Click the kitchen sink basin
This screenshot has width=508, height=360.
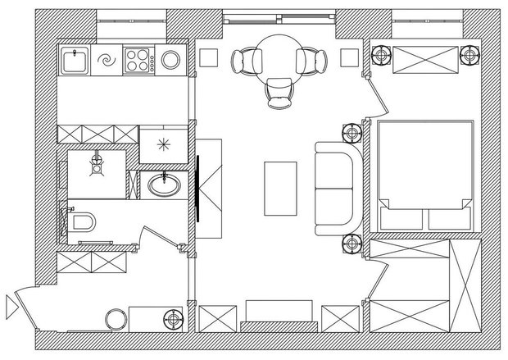pos(75,60)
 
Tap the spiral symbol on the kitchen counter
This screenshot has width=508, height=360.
pos(106,60)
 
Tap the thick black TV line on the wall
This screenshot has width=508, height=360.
pos(197,188)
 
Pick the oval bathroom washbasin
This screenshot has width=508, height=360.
pos(165,185)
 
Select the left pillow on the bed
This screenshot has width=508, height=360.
pos(398,218)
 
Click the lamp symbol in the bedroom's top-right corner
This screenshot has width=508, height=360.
pos(469,57)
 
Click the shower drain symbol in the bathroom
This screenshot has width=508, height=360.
pos(98,162)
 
